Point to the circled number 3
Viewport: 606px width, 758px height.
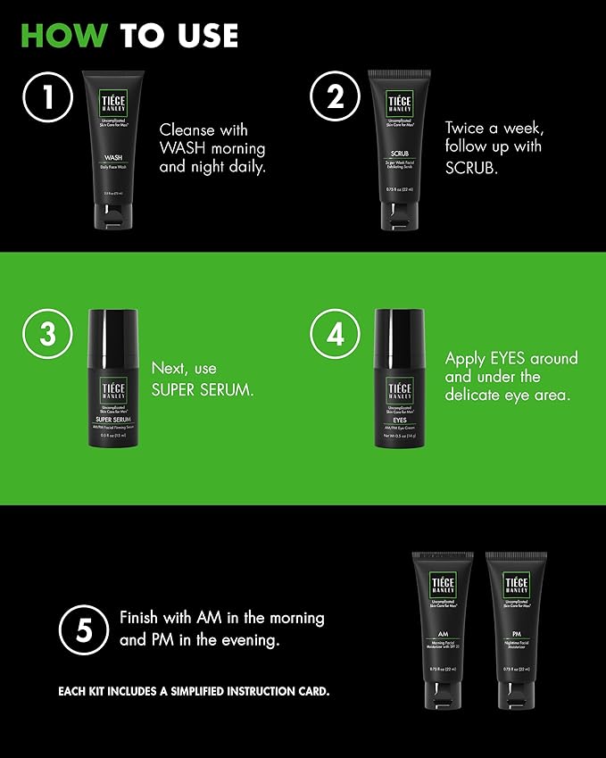pos(48,334)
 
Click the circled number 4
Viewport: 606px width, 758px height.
pos(335,334)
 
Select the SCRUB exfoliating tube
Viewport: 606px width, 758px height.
pos(400,147)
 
